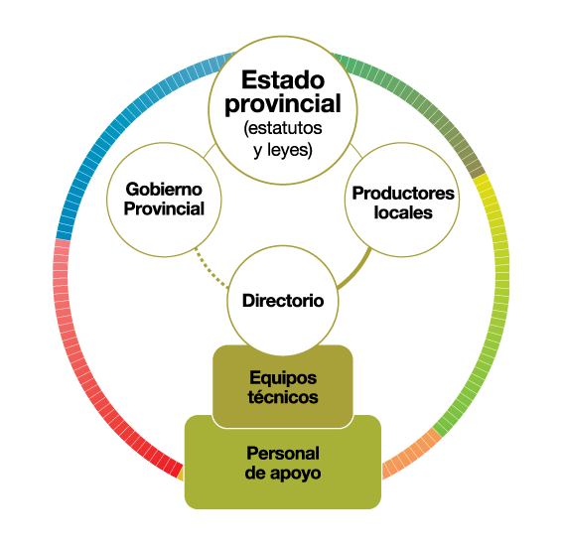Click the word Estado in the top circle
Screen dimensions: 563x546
coord(283,79)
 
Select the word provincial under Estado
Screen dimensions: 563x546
coord(283,104)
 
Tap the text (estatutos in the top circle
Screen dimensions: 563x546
coord(283,128)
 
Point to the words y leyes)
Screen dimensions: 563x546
coord(283,150)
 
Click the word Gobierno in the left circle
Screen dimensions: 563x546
coord(164,190)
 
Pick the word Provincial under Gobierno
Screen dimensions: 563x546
coord(164,208)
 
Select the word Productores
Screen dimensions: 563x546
coord(403,194)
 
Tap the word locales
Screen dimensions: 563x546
coord(403,212)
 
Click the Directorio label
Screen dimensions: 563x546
coord(283,301)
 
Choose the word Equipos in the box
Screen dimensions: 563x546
coord(283,377)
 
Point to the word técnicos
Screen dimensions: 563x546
coord(283,397)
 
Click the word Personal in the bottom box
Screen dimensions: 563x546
coord(283,453)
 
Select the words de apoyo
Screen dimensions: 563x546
coord(283,474)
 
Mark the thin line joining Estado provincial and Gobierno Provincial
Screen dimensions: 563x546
coord(210,151)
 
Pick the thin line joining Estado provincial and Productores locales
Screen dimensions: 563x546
coord(356,151)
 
